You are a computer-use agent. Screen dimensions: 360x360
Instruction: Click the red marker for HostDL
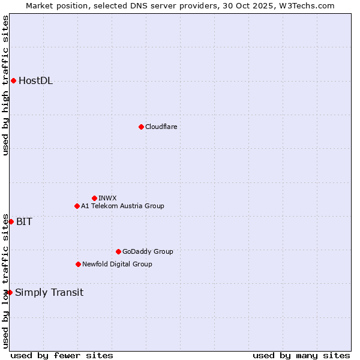13,81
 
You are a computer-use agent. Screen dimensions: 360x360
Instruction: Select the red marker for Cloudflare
141,127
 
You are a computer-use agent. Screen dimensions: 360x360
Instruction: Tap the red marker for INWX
94,198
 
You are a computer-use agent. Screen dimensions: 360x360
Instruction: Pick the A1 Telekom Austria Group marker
77,206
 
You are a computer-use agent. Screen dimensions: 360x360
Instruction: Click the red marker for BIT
11,221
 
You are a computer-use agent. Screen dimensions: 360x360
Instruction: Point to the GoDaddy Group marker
118,251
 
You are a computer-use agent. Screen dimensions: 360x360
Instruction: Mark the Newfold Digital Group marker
78,264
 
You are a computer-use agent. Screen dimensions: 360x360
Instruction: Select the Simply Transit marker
10,292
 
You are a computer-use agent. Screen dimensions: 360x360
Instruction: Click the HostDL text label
36,81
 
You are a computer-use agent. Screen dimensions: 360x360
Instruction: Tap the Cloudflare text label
161,127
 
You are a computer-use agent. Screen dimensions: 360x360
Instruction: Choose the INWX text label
107,198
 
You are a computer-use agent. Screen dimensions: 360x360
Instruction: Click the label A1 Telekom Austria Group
122,206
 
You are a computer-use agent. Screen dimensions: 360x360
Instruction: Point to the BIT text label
24,221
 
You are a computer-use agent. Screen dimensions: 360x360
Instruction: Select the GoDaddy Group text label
148,251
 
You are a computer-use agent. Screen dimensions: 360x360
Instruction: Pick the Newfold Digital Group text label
117,264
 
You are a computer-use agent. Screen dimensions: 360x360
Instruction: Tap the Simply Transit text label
49,293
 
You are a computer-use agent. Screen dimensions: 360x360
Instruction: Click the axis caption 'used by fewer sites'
62,355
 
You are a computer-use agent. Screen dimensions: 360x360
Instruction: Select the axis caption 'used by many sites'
301,355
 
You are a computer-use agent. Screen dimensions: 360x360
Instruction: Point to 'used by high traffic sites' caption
5,86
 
